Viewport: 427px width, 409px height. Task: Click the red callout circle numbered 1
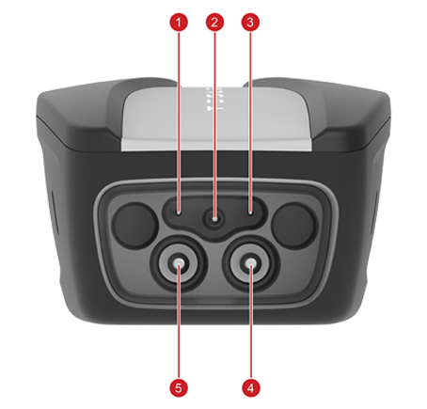[179, 23]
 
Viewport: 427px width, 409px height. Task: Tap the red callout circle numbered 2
[214, 23]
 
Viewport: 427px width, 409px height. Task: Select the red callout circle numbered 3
[250, 23]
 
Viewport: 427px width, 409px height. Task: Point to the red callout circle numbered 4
[251, 388]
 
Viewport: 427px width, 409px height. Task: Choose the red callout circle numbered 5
[179, 388]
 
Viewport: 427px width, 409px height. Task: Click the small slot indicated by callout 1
[179, 212]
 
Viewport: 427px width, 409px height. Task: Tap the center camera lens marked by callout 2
[214, 218]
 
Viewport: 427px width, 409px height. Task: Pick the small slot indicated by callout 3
[250, 212]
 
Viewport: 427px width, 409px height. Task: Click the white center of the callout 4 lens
[250, 264]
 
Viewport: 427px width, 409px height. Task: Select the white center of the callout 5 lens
[179, 264]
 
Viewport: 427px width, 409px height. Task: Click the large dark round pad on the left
[134, 226]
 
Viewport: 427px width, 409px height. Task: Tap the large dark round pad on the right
[293, 226]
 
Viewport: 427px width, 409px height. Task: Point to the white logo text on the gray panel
[214, 99]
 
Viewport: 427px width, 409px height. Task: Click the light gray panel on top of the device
[216, 118]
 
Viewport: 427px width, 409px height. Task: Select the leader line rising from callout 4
[251, 322]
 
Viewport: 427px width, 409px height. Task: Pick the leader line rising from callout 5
[179, 322]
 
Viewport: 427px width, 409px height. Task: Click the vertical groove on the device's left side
[55, 212]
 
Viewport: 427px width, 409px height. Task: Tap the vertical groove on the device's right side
[374, 212]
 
